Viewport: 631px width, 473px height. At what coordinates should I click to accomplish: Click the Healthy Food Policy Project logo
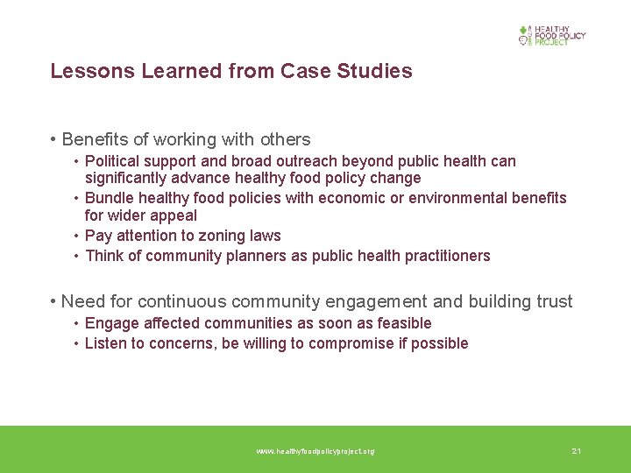tap(551, 35)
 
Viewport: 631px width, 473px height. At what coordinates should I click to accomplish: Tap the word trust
tap(553, 302)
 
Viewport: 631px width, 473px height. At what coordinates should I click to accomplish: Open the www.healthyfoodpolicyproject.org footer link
tap(315, 451)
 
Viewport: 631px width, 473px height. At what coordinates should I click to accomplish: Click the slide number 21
tap(576, 451)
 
